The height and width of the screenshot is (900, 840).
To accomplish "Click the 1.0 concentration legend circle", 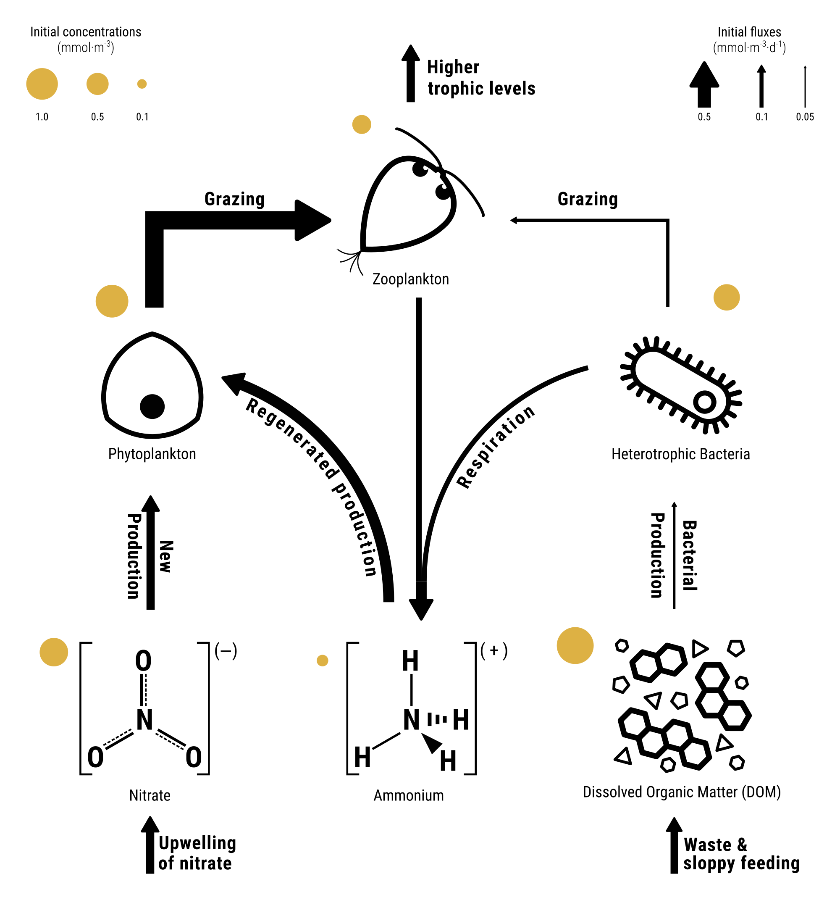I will pyautogui.click(x=42, y=84).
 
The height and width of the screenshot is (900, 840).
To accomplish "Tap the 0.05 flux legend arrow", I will pyautogui.click(x=805, y=86).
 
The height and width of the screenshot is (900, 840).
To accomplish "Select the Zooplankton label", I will pyautogui.click(x=410, y=279).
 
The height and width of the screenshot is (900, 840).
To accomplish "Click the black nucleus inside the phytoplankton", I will pyautogui.click(x=152, y=406).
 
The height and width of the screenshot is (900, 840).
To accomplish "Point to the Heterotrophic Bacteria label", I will pyautogui.click(x=680, y=454).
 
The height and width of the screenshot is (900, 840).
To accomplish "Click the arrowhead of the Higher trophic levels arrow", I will pyautogui.click(x=410, y=53).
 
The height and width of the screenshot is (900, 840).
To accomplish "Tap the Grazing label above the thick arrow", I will pyautogui.click(x=234, y=199).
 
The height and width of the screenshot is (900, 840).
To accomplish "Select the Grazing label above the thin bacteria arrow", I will pyautogui.click(x=588, y=199).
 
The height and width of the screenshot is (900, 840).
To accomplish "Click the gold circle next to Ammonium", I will pyautogui.click(x=322, y=661).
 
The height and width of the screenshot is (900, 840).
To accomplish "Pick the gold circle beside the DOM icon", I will pyautogui.click(x=575, y=645).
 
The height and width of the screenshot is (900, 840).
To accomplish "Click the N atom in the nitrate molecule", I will pyautogui.click(x=144, y=720).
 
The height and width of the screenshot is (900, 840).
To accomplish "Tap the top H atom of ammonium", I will pyautogui.click(x=410, y=661).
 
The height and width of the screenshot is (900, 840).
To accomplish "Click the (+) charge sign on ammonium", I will pyautogui.click(x=494, y=650).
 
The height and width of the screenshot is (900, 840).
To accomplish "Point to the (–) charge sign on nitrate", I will pyautogui.click(x=226, y=651).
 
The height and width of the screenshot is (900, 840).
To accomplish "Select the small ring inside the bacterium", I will pyautogui.click(x=705, y=402).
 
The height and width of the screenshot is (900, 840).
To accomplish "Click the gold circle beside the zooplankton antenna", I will pyautogui.click(x=362, y=124).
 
